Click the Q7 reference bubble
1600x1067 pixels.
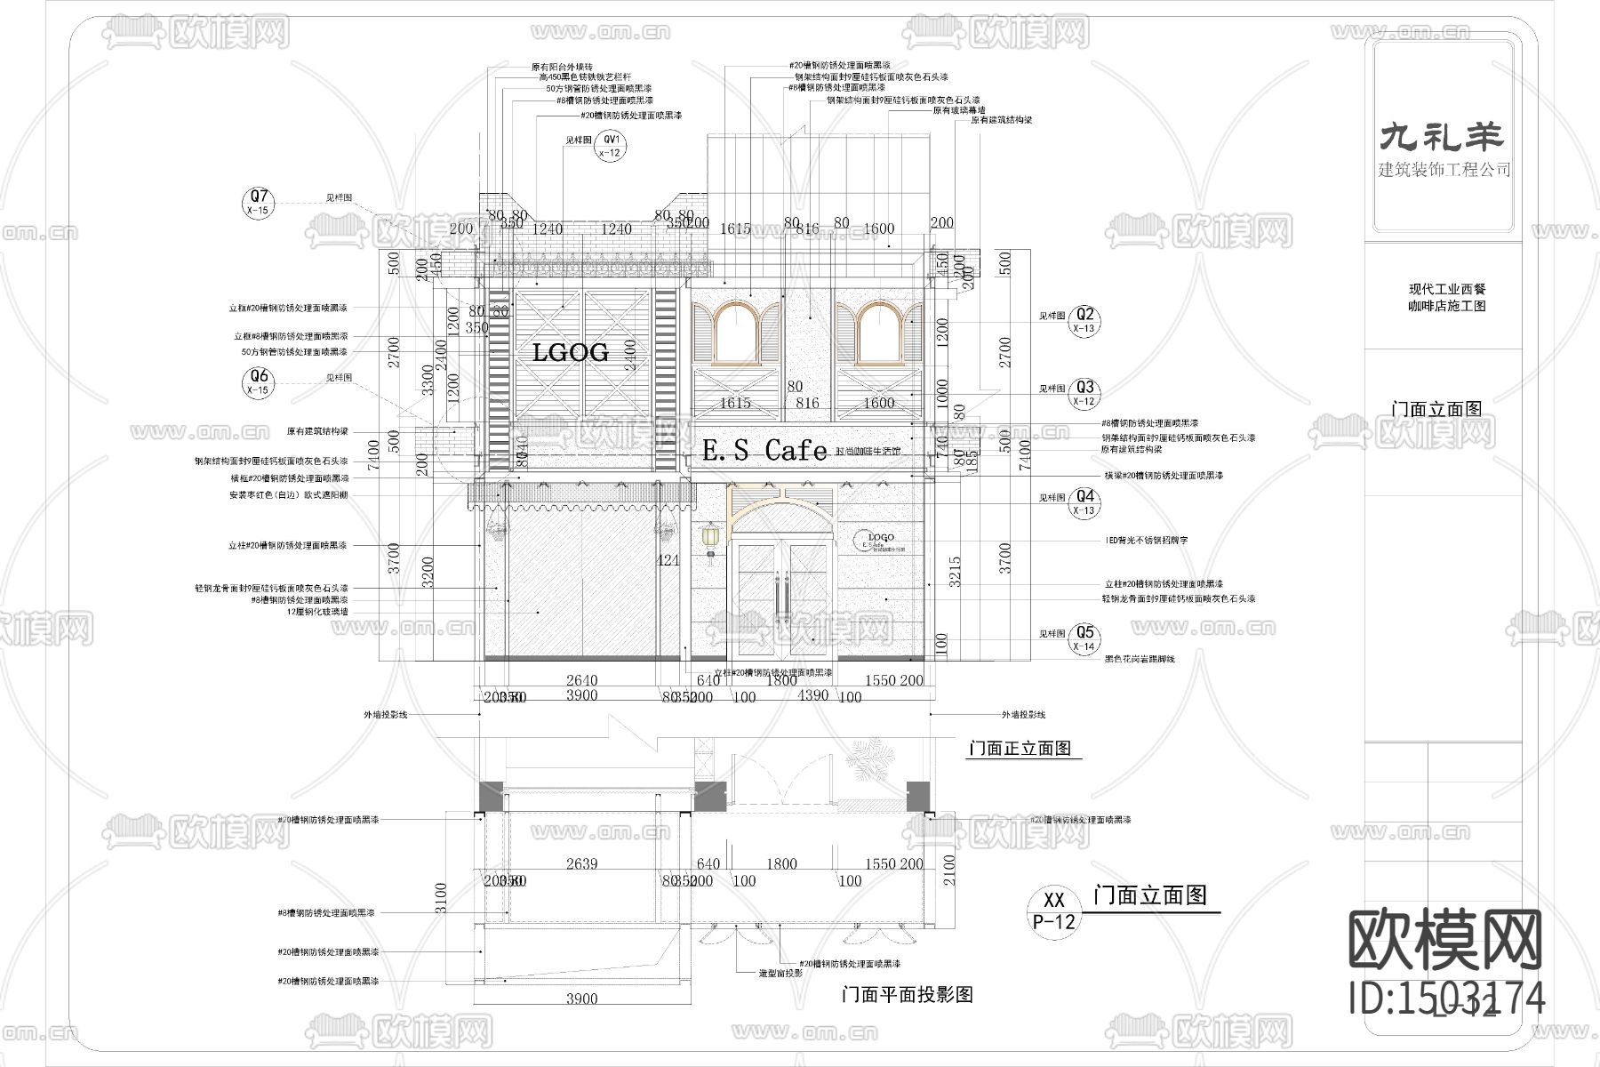tap(259, 203)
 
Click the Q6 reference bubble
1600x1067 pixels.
tap(259, 383)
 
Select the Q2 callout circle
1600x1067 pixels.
tap(1085, 321)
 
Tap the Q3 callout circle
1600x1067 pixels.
tap(1085, 393)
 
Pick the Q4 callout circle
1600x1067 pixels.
tap(1085, 502)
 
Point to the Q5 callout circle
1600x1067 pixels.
tap(1085, 638)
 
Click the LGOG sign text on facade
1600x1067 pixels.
tap(570, 352)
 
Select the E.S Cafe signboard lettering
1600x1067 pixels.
tap(764, 451)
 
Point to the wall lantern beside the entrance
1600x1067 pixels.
tap(710, 540)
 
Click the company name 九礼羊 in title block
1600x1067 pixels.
tap(1441, 136)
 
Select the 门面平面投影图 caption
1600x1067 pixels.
tap(907, 994)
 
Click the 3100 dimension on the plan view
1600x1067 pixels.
tap(442, 898)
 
